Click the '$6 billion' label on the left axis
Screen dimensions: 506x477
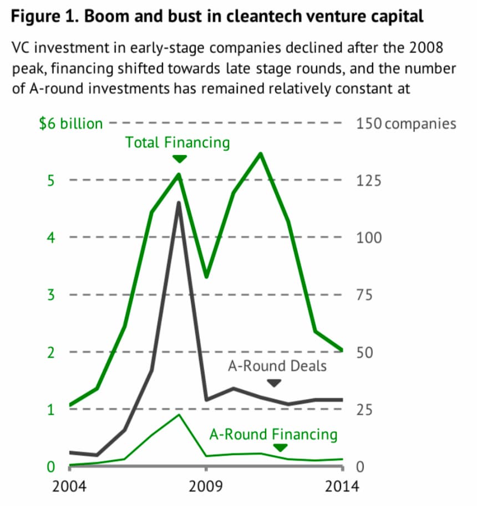tap(70, 123)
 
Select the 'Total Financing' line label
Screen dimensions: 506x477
tap(177, 142)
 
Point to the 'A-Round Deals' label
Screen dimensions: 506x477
tap(277, 366)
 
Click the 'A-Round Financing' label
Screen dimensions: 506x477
tap(273, 434)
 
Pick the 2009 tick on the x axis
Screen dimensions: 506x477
tap(206, 487)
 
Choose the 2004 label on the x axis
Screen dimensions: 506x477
tap(69, 487)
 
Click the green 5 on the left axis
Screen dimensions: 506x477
tap(50, 180)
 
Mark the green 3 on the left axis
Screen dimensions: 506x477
tap(50, 295)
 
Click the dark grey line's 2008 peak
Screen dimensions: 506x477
tap(179, 203)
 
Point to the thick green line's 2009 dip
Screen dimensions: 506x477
tap(206, 276)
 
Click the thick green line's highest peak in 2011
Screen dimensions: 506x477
tap(261, 153)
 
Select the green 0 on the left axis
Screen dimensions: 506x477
tap(50, 467)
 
